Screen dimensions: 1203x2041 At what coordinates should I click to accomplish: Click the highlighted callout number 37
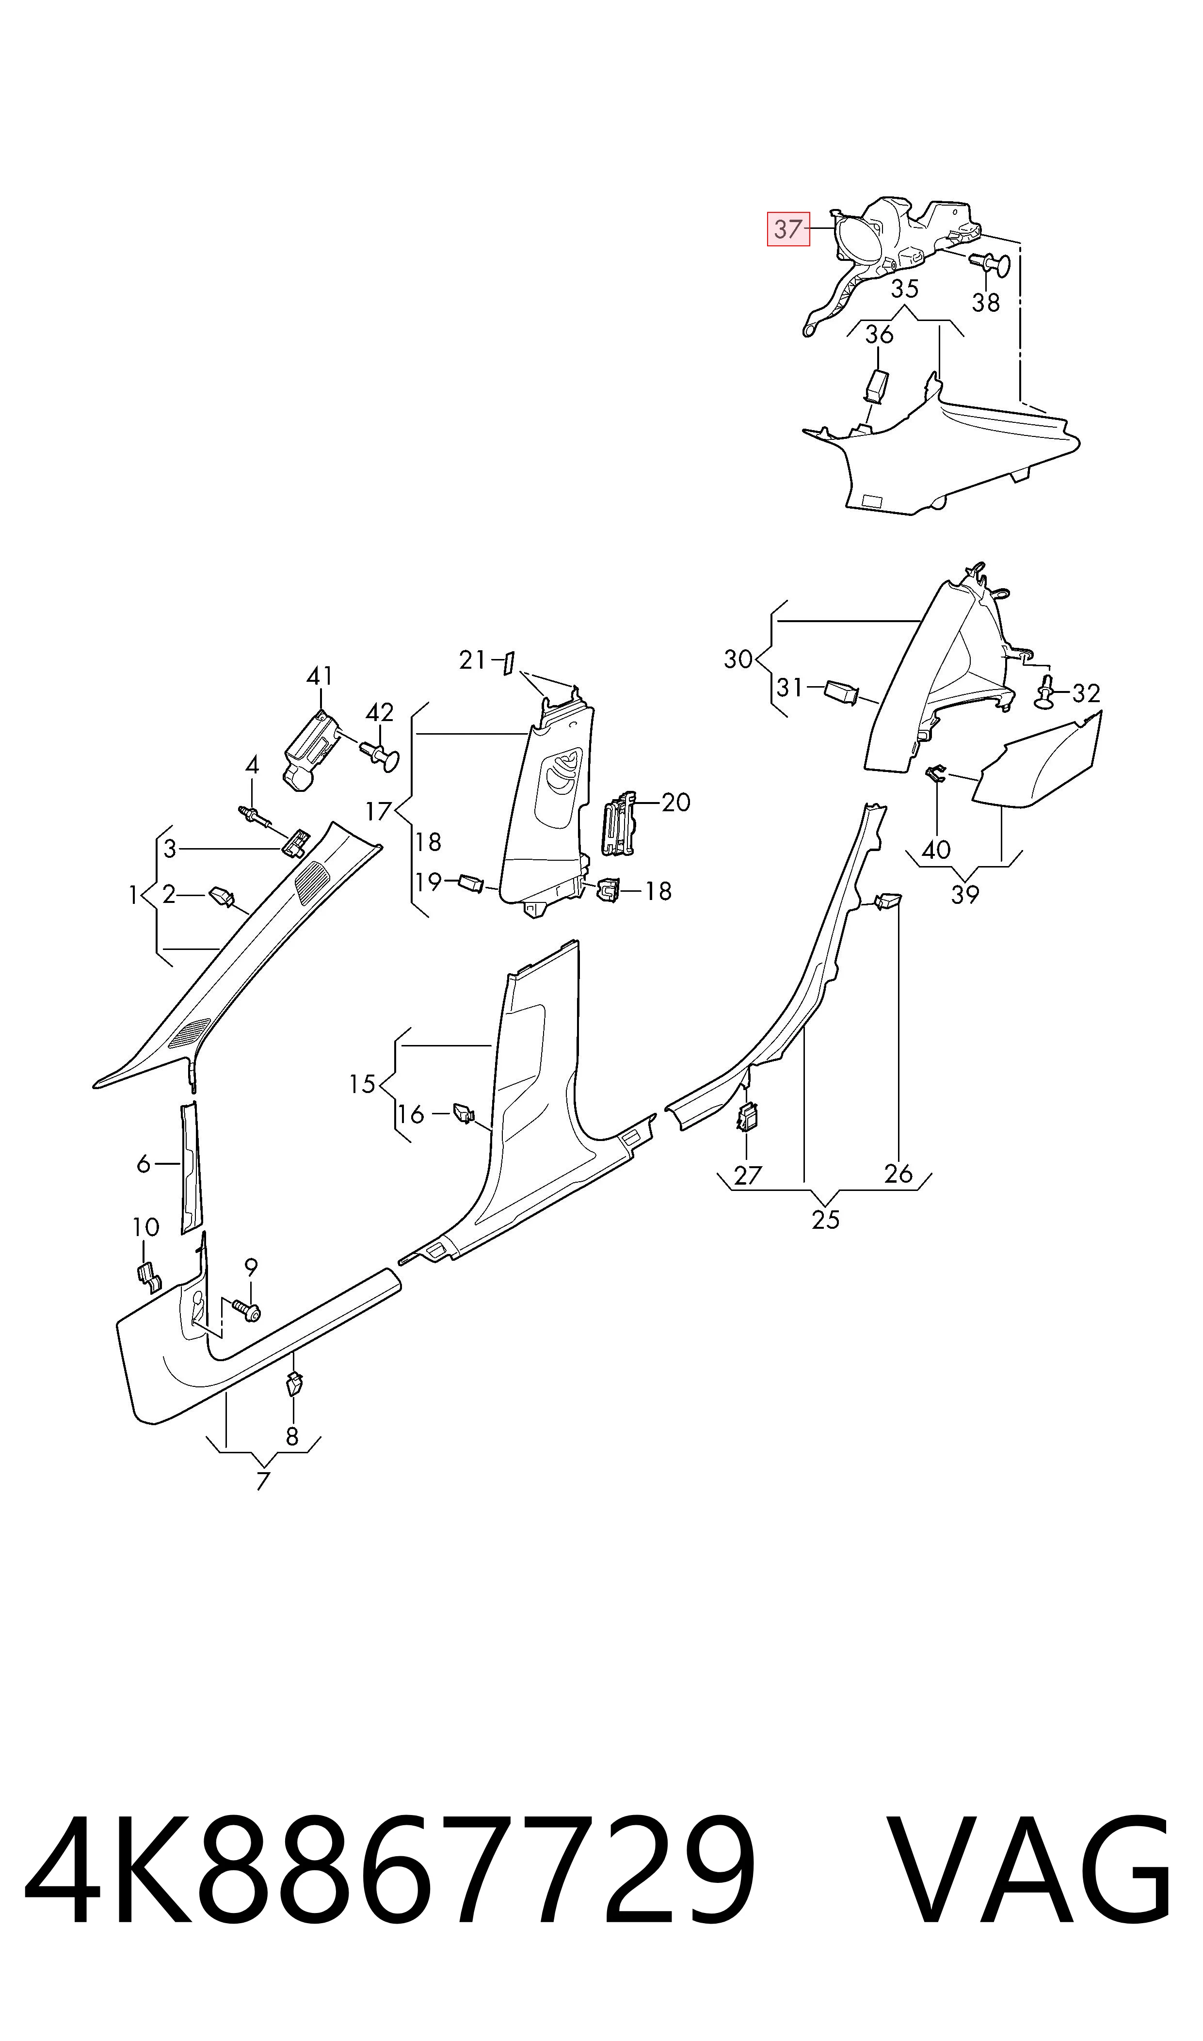[788, 228]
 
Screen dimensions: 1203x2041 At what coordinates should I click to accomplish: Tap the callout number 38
[986, 302]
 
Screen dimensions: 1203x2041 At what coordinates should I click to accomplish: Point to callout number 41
[320, 675]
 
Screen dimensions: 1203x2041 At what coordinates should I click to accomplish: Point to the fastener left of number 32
[1046, 693]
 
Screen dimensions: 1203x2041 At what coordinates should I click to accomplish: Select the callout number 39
[964, 895]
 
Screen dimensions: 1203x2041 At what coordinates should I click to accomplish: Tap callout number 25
[825, 1219]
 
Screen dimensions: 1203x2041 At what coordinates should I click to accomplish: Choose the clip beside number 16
[464, 1113]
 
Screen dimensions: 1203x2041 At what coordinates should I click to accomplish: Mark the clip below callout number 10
[147, 1275]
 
